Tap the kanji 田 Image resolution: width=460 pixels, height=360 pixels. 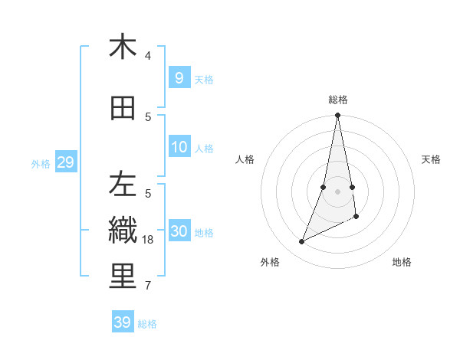click(123, 109)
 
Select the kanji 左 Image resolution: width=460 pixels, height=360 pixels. click(123, 185)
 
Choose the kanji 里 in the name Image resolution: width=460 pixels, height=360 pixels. click(123, 277)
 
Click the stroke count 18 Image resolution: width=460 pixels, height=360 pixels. click(149, 240)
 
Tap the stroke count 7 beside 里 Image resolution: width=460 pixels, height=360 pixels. click(148, 286)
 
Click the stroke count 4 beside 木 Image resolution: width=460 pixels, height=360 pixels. click(148, 56)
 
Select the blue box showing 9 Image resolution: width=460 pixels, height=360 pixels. click(179, 77)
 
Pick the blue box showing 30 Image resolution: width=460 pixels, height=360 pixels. click(179, 231)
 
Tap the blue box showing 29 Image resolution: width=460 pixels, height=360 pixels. click(65, 162)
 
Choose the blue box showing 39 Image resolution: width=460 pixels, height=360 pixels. click(122, 322)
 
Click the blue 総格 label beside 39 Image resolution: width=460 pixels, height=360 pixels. click(147, 324)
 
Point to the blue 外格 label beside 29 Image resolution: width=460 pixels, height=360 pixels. click(40, 164)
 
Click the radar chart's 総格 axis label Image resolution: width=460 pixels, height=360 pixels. click(338, 100)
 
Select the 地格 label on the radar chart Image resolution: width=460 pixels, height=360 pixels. click(402, 262)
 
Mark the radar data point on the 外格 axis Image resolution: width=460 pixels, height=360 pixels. click(302, 242)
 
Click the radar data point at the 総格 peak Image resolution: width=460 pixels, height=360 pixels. click(338, 116)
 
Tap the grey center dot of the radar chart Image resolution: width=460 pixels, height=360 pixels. click(338, 191)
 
